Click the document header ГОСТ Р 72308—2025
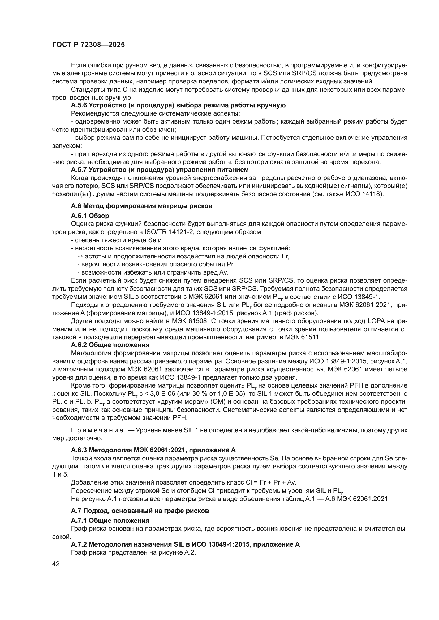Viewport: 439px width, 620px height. click(88, 45)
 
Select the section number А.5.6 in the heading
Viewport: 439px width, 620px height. click(79, 105)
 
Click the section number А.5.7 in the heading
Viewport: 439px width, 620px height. click(79, 170)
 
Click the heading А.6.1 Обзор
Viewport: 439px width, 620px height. click(90, 216)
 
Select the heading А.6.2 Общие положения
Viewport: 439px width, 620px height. click(110, 345)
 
